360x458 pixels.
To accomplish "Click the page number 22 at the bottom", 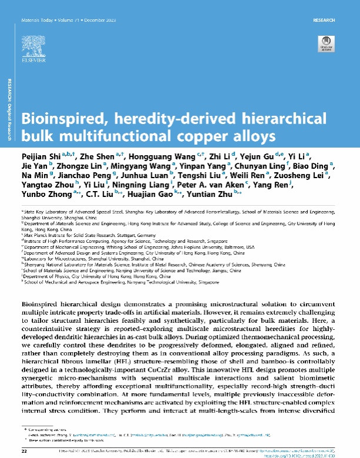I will [x=24, y=450].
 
